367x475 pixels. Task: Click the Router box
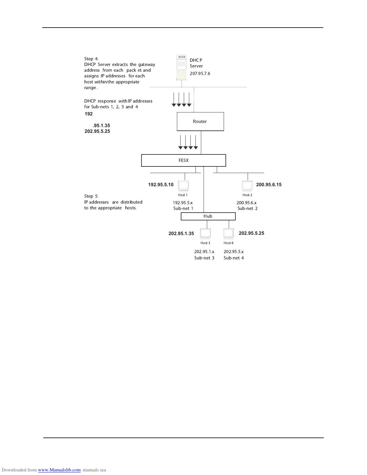pos(200,121)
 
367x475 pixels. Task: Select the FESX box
pos(183,160)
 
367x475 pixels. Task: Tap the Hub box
pos(208,216)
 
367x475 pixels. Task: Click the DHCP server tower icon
pos(181,68)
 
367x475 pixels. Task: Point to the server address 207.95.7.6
pos(200,73)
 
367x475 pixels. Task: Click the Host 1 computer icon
pos(183,186)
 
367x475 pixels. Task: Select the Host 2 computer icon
pos(247,186)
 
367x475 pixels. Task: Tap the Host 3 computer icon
pos(205,234)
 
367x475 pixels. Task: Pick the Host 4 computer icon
pos(228,234)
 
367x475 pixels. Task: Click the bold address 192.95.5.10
pos(161,185)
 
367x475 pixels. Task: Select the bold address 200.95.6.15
pos(269,185)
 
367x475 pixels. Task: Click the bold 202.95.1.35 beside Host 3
pos(181,234)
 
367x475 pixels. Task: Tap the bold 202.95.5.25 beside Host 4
pos(251,233)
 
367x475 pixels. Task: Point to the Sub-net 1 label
pos(183,208)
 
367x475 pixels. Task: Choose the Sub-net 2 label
pos(247,208)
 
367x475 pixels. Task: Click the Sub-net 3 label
pos(204,258)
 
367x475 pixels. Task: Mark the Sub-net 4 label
pos(234,258)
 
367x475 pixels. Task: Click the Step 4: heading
pos(91,59)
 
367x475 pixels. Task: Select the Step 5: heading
pos(91,196)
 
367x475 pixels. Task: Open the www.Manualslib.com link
pos(59,470)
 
